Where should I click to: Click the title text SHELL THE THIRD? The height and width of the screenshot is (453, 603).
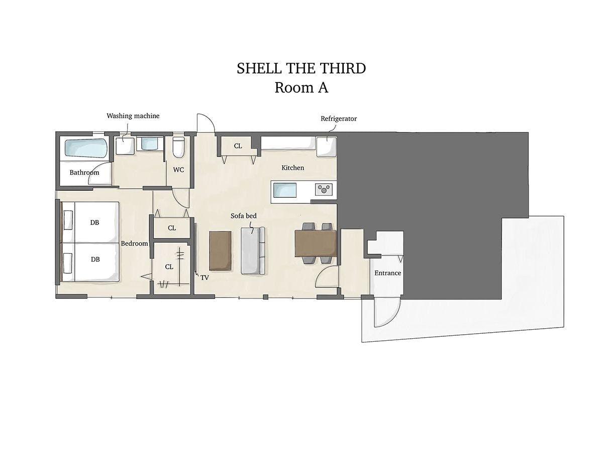coord(301,68)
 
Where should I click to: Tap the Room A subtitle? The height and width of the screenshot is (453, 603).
coord(301,88)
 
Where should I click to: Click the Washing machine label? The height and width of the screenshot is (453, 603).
coord(133,116)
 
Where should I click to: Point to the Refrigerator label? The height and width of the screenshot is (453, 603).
coord(339,119)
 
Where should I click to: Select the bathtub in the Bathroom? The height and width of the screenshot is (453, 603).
coord(86,148)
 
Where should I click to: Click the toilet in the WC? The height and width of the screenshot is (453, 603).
coord(178,147)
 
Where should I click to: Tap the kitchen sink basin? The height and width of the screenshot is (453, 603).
coord(285,190)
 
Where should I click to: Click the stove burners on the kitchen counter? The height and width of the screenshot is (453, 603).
coord(324,190)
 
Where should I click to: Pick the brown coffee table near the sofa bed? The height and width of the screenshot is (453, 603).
coord(220,251)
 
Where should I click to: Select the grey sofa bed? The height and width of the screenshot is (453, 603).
coord(253,251)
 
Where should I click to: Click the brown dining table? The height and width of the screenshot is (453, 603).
coord(316,244)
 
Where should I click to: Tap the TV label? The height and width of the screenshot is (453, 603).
coord(205,278)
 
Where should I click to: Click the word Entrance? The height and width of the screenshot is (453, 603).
coord(387,273)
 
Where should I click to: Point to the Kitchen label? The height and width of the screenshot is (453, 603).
coord(292,168)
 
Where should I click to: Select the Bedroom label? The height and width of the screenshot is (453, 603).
coord(134,244)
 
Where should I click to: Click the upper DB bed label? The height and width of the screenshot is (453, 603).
coord(94,222)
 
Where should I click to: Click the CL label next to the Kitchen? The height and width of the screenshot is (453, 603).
coord(238,146)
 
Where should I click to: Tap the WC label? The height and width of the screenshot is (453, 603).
coord(178,170)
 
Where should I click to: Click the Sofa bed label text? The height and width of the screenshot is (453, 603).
coord(243,216)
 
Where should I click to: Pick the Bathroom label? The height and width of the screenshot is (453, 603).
coord(84,173)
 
